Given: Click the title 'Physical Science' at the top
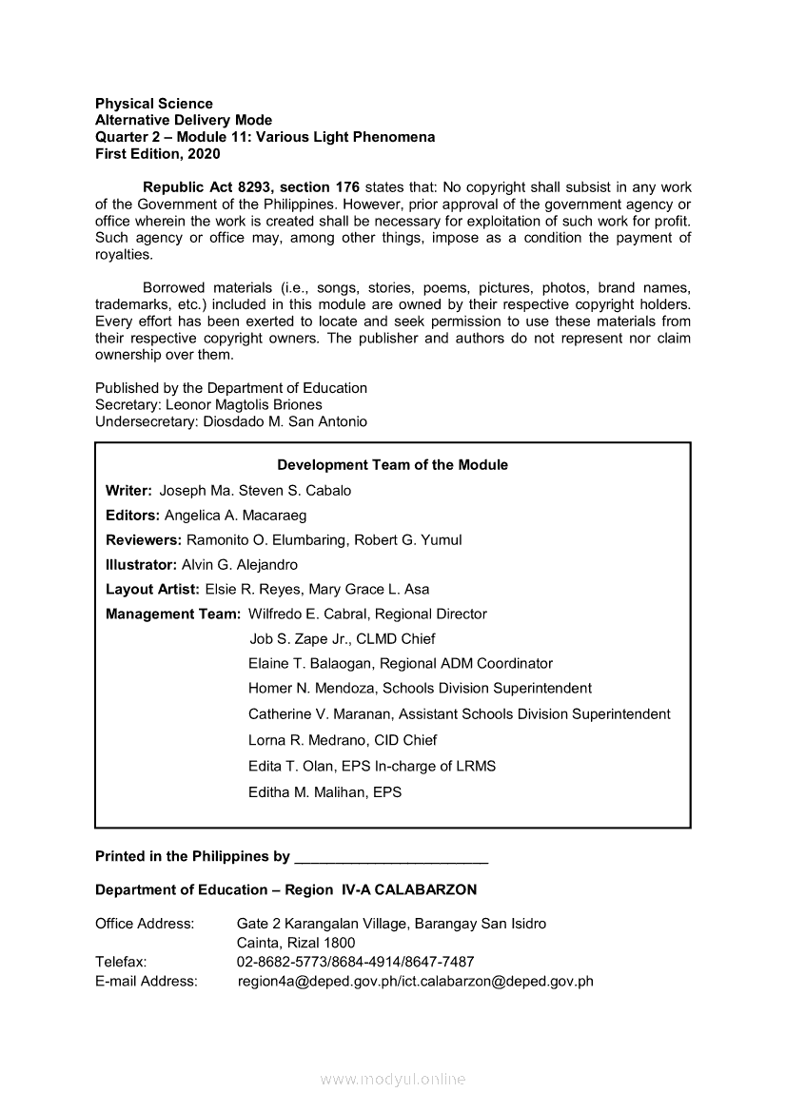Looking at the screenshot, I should pos(154,103).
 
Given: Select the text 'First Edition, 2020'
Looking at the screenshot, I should pos(158,153).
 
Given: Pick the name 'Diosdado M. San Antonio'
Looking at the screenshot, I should pos(285,421).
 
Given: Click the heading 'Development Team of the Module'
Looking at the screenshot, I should pos(392,465).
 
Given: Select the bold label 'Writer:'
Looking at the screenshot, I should pos(128,491).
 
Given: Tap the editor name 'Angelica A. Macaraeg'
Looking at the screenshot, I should pos(235,516).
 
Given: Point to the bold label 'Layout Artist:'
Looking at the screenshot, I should pos(152,590).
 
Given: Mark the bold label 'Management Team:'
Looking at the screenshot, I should pos(173,615).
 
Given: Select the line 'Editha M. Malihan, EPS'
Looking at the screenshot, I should pos(324,791).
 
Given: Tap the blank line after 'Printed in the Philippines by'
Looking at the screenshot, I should pos(392,857).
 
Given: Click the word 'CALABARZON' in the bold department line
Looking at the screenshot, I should pos(426,889).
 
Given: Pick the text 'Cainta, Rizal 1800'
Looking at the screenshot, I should pos(296,943).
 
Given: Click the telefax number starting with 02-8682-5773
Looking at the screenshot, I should pos(355,962).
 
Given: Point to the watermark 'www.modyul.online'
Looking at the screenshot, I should pos(393,1080).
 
